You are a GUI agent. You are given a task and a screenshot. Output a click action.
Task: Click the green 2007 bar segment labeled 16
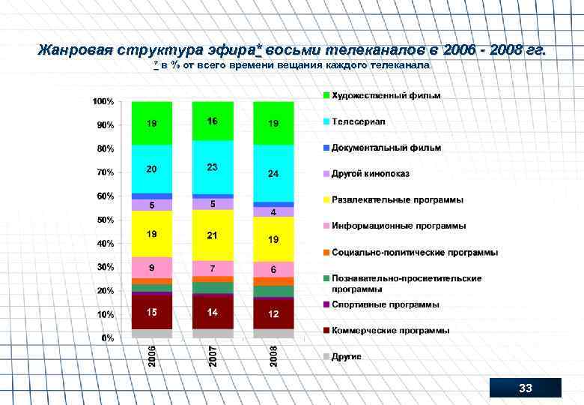pyautogui.click(x=213, y=121)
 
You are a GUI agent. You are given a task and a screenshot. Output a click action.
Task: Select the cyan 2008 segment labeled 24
pyautogui.click(x=273, y=173)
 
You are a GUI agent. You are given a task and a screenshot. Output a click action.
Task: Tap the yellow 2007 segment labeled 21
pyautogui.click(x=213, y=235)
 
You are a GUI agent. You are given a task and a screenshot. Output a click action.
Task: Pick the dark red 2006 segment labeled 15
pyautogui.click(x=151, y=312)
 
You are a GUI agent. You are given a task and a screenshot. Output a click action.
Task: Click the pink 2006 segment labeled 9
pyautogui.click(x=151, y=267)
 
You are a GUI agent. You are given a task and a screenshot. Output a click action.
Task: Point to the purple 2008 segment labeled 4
pyautogui.click(x=273, y=212)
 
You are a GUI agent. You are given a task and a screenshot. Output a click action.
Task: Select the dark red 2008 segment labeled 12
pyautogui.click(x=273, y=314)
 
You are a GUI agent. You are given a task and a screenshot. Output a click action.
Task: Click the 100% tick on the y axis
pyautogui.click(x=103, y=101)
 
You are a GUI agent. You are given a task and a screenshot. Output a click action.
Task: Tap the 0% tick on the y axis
pyautogui.click(x=108, y=337)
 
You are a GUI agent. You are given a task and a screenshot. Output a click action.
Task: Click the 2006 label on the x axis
pyautogui.click(x=152, y=355)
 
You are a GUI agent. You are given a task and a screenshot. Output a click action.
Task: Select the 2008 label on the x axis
pyautogui.click(x=274, y=355)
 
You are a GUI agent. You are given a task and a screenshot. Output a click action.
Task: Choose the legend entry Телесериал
pyautogui.click(x=359, y=121)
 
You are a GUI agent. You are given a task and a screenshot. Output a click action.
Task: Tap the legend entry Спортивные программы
pyautogui.click(x=385, y=305)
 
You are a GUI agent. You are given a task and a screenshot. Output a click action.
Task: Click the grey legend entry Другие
pyautogui.click(x=346, y=356)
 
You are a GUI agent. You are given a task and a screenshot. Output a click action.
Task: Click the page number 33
pyautogui.click(x=525, y=388)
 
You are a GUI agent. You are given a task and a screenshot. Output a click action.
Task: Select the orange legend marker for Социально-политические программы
pyautogui.click(x=326, y=253)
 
